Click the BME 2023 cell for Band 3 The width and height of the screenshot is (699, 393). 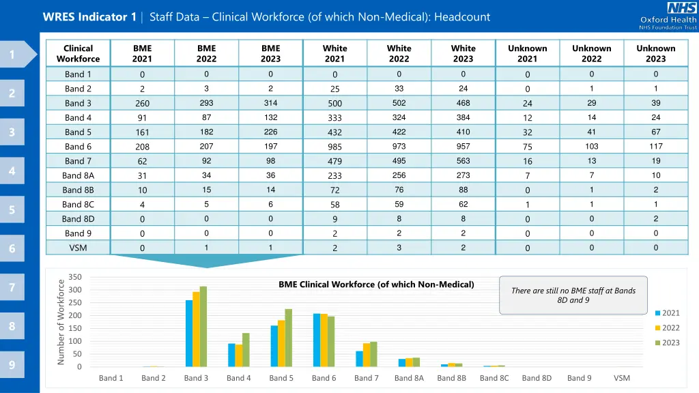point(270,103)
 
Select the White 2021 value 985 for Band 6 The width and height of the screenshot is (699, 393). point(334,147)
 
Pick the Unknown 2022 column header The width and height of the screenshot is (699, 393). point(591,53)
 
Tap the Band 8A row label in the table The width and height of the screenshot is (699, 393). point(78,175)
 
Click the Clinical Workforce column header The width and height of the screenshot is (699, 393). point(78,53)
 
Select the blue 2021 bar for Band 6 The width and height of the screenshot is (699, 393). point(317,340)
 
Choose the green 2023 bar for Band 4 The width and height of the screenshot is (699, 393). point(246,349)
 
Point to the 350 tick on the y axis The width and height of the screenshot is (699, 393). point(75,277)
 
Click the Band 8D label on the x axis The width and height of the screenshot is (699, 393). point(537,378)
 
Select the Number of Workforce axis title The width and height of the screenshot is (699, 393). point(61,321)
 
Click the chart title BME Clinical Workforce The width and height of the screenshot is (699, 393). point(376,285)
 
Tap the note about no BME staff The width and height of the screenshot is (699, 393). point(573,295)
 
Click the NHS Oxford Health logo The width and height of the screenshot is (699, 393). point(667,16)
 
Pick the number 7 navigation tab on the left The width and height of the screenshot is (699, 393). point(12,287)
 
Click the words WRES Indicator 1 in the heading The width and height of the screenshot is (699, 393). point(89,17)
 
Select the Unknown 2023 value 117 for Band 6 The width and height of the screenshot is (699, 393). point(655,147)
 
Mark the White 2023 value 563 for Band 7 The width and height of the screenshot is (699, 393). point(463,161)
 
